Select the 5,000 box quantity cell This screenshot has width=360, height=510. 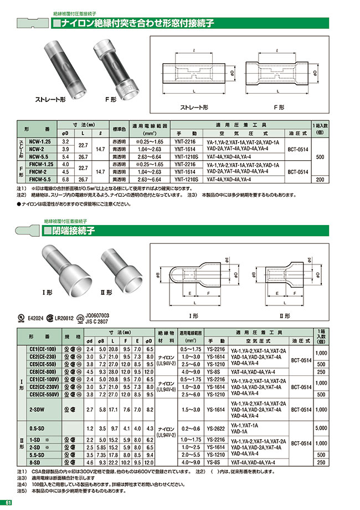(321, 429)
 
